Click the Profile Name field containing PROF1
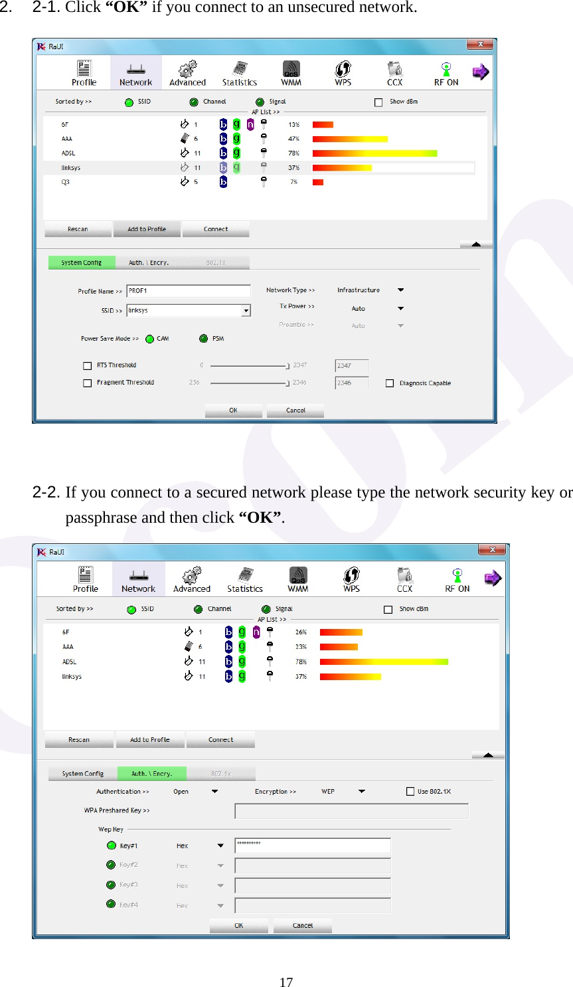click(189, 291)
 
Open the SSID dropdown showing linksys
click(246, 311)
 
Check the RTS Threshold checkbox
click(87, 365)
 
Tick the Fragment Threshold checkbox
click(87, 383)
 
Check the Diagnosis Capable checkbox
click(390, 383)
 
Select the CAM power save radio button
click(150, 339)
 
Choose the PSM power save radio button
click(204, 339)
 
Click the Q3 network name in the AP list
click(65, 182)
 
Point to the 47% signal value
click(293, 139)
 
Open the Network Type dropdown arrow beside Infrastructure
click(400, 290)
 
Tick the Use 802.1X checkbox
click(410, 791)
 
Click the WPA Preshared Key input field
click(351, 811)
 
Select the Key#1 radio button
click(112, 846)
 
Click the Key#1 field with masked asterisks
click(312, 845)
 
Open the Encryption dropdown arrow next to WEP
click(362, 791)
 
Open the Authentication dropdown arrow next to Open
click(214, 791)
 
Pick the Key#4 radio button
click(112, 904)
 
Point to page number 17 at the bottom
click(286, 982)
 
